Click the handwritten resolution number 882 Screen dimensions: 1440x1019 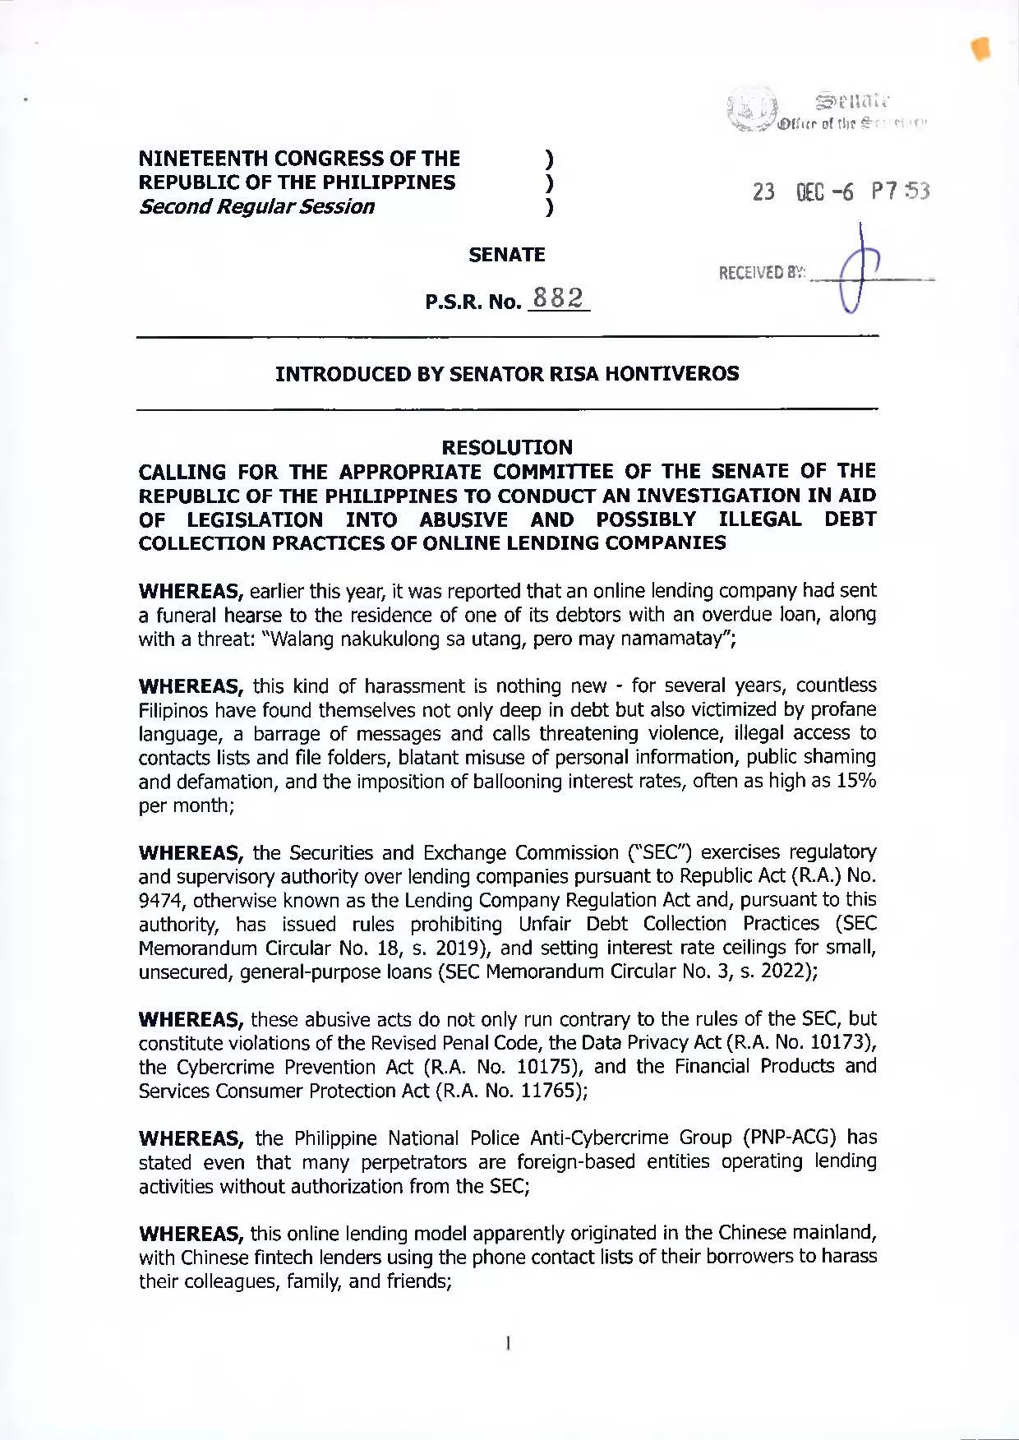click(558, 298)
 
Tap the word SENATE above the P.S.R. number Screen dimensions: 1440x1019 click(506, 255)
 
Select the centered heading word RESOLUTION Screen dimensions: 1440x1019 click(507, 447)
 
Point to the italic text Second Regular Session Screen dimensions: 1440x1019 click(256, 206)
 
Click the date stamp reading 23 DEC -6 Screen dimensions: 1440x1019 click(803, 192)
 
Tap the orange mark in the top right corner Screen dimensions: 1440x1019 click(980, 49)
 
